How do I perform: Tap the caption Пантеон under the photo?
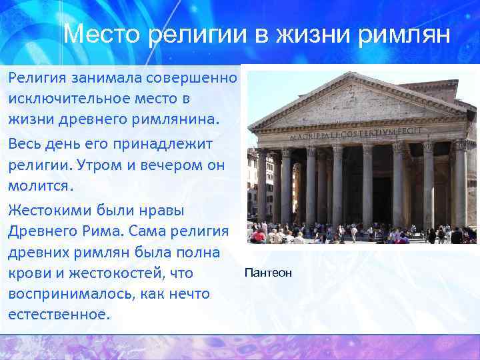(268, 273)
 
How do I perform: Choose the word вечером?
(167, 165)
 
